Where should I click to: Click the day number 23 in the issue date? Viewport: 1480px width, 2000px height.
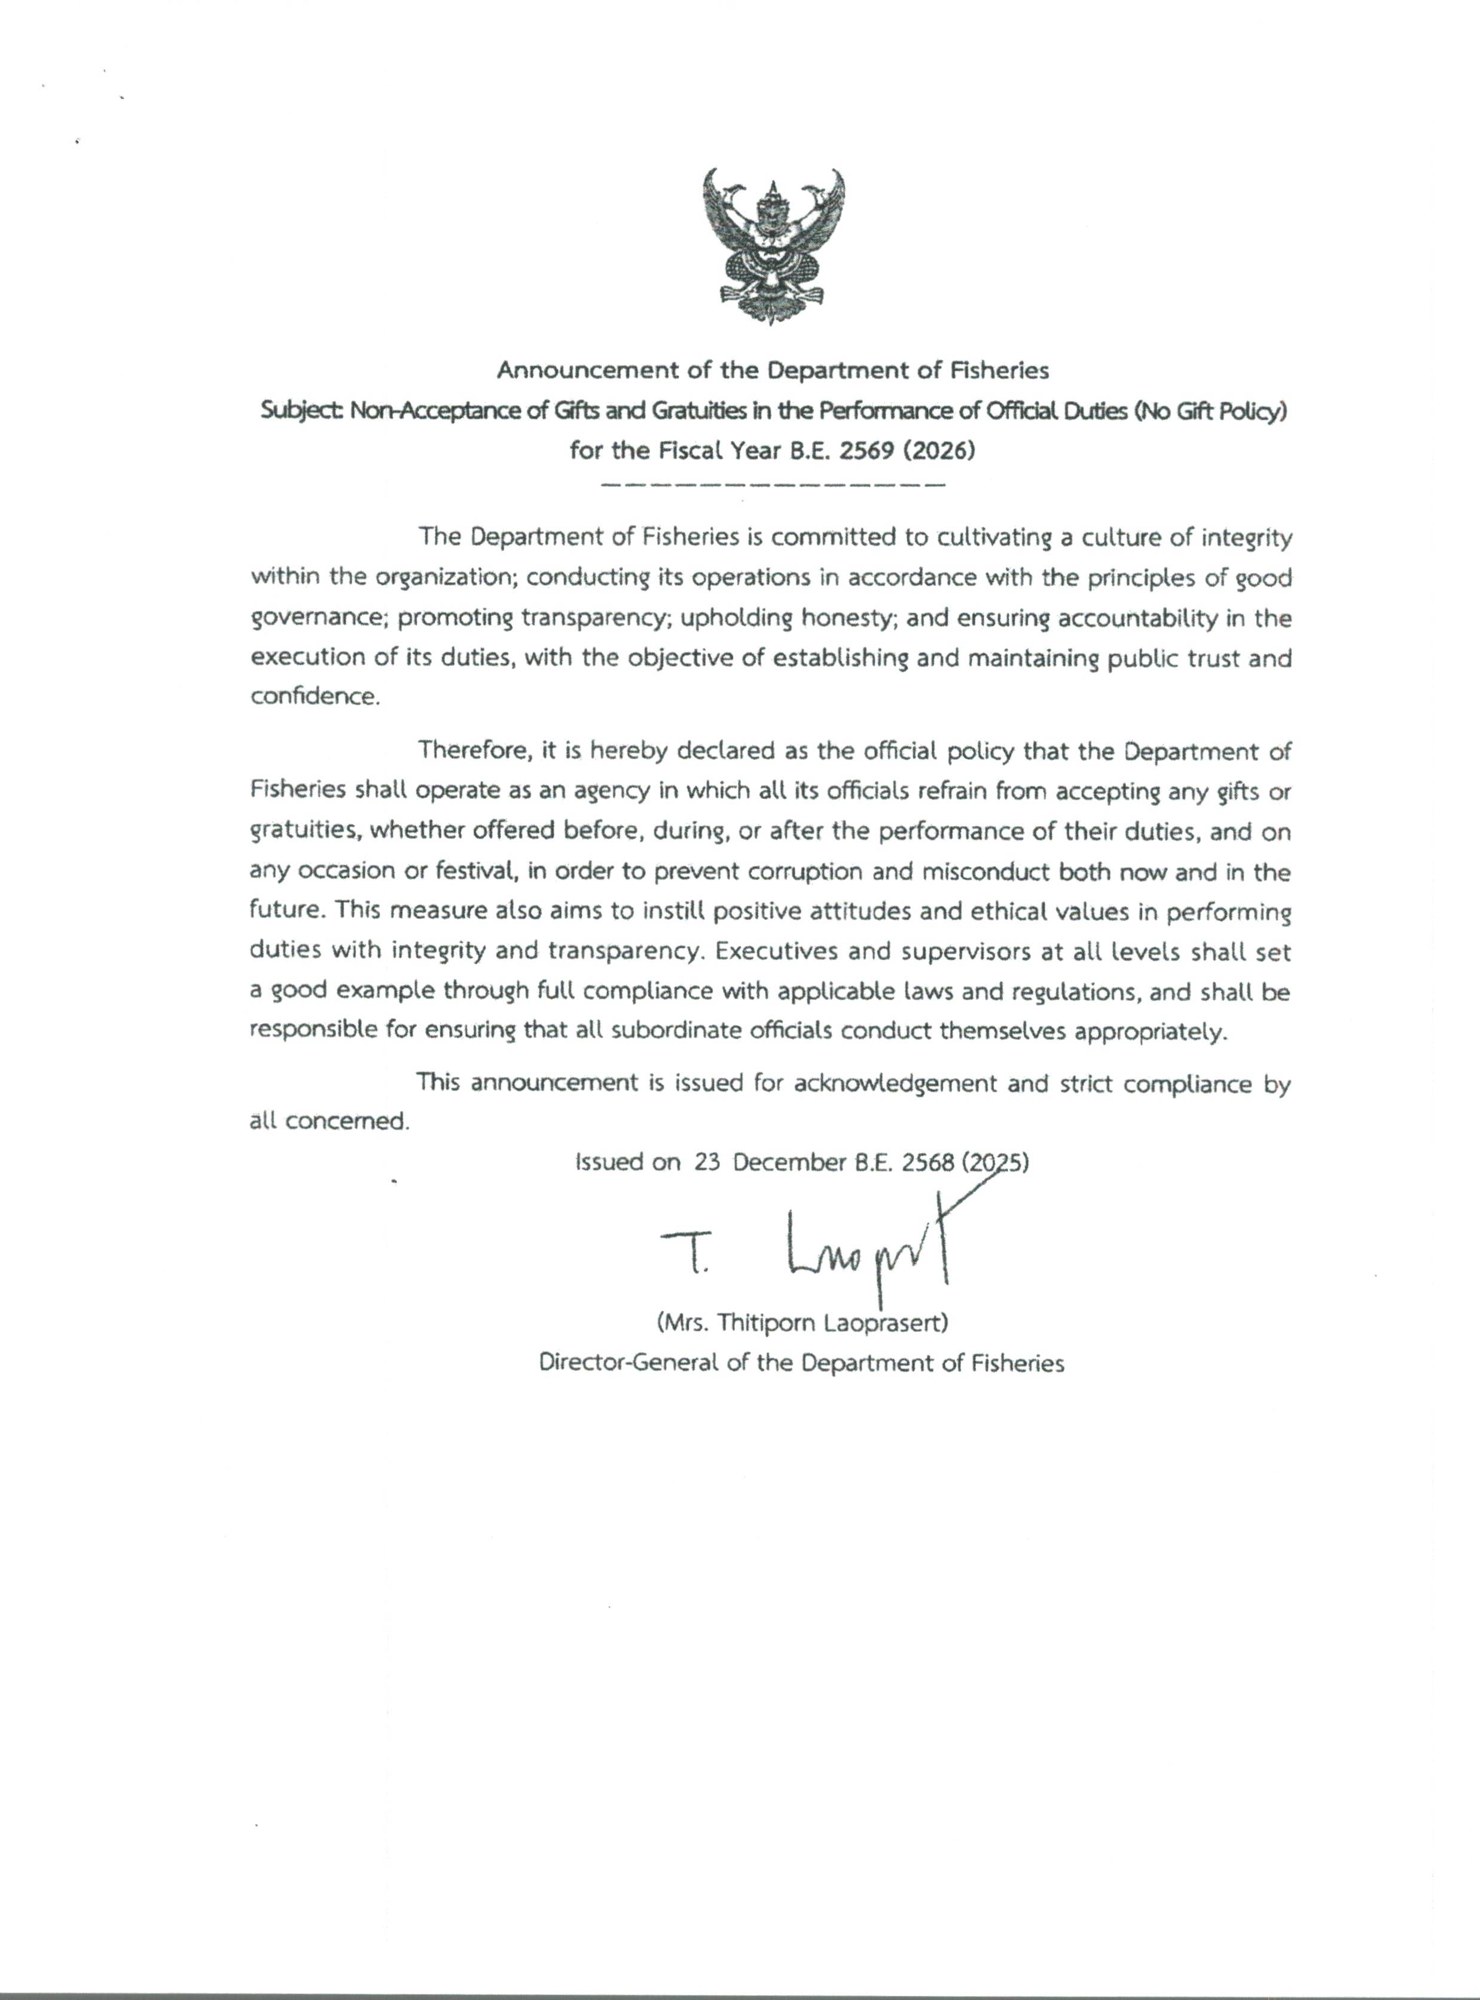tap(707, 1162)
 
